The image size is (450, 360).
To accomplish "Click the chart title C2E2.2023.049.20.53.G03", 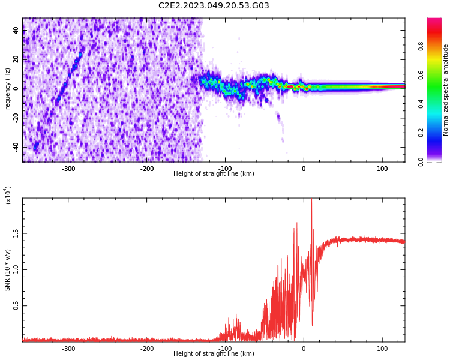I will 214,6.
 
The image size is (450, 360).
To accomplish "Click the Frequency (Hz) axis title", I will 8,90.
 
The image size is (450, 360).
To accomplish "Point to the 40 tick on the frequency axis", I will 16,31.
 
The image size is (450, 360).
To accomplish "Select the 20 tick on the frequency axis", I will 16,59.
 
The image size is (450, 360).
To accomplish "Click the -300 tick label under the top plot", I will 68,168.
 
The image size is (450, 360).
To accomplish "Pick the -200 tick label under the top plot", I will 147,168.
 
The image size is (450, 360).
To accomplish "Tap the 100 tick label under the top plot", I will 382,168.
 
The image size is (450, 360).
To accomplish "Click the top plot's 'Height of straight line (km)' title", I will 214,174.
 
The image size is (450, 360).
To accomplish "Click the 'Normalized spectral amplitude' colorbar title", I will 446,90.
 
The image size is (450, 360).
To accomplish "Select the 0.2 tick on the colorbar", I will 437,133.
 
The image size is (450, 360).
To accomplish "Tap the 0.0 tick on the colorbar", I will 437,161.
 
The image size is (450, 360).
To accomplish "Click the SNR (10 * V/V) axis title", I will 8,270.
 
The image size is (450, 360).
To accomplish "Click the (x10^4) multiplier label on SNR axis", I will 8,195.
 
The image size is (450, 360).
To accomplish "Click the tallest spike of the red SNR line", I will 311,201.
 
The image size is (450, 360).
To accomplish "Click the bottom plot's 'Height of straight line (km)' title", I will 214,354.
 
